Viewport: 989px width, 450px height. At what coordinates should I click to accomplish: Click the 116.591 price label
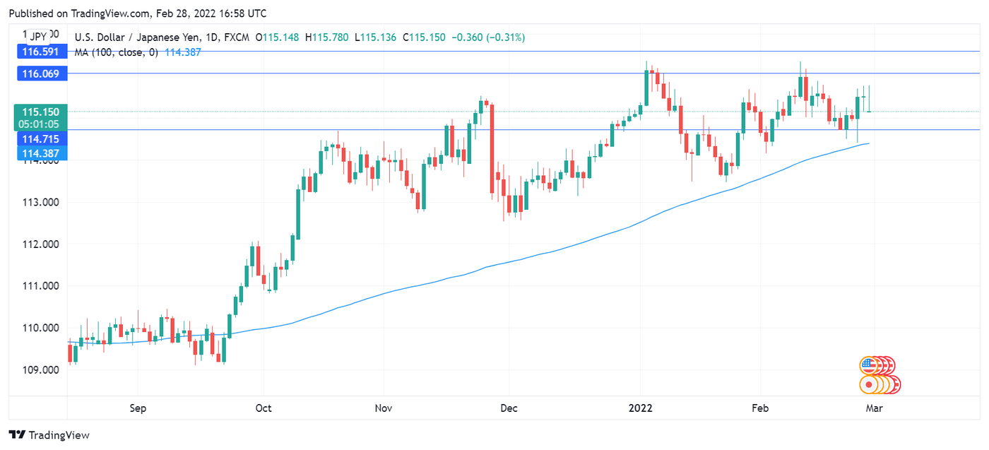tap(40, 52)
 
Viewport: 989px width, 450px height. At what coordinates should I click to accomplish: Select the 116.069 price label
tap(40, 73)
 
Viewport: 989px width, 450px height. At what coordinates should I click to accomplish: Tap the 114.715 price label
tap(40, 139)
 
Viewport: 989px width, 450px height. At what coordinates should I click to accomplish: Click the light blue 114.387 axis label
tap(40, 153)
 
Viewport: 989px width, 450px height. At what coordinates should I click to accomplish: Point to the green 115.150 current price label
tap(40, 112)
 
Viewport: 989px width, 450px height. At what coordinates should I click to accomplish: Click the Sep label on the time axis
tap(138, 408)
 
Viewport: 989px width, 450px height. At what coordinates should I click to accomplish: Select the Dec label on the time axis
tap(508, 408)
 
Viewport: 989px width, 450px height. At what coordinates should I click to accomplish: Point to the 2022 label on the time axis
tap(640, 408)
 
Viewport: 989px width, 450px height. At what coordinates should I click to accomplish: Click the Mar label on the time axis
tap(875, 408)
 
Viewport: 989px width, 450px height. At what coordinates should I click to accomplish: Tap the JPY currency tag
tap(38, 36)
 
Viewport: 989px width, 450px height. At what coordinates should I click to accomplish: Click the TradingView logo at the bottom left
tap(49, 435)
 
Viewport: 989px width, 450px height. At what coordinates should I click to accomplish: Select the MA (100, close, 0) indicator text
tap(116, 52)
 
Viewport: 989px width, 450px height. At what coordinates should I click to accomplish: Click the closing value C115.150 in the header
tap(424, 37)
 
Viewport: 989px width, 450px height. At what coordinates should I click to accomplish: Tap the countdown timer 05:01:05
tap(40, 123)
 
